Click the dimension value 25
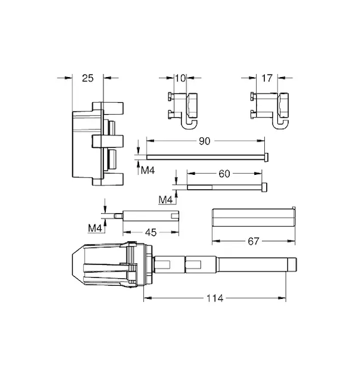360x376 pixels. tap(88, 78)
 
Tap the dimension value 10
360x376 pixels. tap(180, 78)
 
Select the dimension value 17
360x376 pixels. tap(267, 78)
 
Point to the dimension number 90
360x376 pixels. tap(204, 141)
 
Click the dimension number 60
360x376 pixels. tap(224, 174)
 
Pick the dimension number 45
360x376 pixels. tap(151, 232)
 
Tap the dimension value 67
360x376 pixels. tap(254, 241)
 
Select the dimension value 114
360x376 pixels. tap(215, 298)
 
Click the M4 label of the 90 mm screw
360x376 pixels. tap(148, 170)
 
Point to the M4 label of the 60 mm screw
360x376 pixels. tap(165, 200)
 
